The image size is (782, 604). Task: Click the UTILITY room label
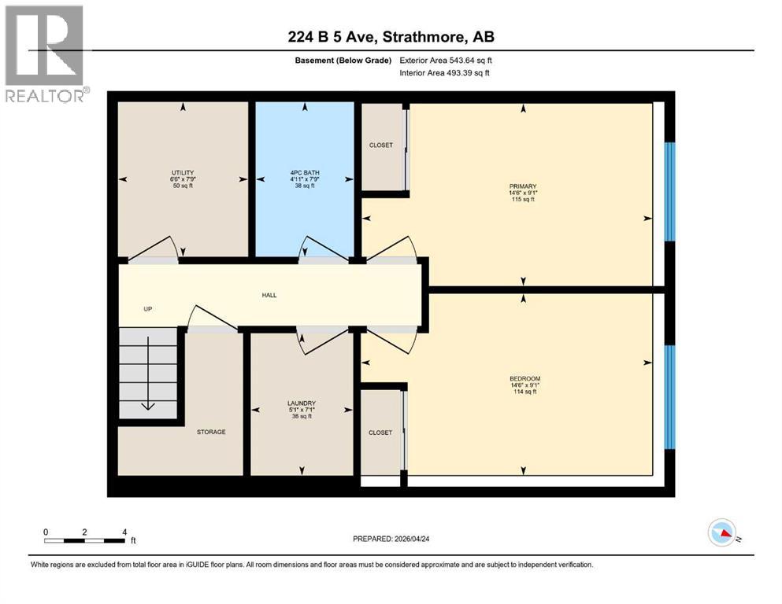pyautogui.click(x=183, y=172)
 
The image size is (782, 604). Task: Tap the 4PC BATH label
pyautogui.click(x=304, y=172)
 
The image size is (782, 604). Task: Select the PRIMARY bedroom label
pyautogui.click(x=523, y=186)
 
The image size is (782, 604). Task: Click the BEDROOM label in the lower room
pyautogui.click(x=524, y=378)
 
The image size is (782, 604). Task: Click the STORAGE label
pyautogui.click(x=211, y=432)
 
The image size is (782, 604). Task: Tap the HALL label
pyautogui.click(x=269, y=295)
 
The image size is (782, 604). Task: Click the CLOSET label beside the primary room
pyautogui.click(x=381, y=145)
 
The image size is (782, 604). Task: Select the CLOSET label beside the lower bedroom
pyautogui.click(x=380, y=433)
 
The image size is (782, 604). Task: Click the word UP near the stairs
pyautogui.click(x=147, y=309)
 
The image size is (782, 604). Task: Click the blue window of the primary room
pyautogui.click(x=670, y=191)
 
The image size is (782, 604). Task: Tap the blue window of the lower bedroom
pyautogui.click(x=670, y=397)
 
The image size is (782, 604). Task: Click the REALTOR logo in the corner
pyautogui.click(x=45, y=53)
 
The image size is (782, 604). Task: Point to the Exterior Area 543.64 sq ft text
pyautogui.click(x=446, y=60)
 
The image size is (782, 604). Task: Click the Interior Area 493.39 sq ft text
pyautogui.click(x=445, y=73)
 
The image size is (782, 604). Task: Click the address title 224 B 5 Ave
pyautogui.click(x=391, y=36)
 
